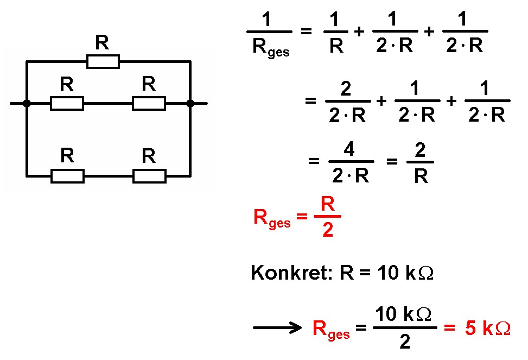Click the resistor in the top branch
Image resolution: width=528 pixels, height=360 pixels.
tap(103, 62)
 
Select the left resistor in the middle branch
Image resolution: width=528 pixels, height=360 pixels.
tap(67, 103)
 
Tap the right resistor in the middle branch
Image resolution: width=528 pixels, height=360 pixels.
tap(149, 103)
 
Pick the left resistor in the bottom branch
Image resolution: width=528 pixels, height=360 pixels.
tap(67, 176)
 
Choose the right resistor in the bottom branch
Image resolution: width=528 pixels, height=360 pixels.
tap(149, 176)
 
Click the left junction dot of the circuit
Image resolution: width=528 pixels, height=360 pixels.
tap(27, 103)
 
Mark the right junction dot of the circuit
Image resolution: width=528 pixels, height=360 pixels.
tap(190, 103)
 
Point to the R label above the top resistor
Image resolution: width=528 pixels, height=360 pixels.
tap(102, 42)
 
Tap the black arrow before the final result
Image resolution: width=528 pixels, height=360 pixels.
tap(277, 327)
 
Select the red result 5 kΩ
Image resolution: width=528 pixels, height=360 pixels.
tap(487, 328)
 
